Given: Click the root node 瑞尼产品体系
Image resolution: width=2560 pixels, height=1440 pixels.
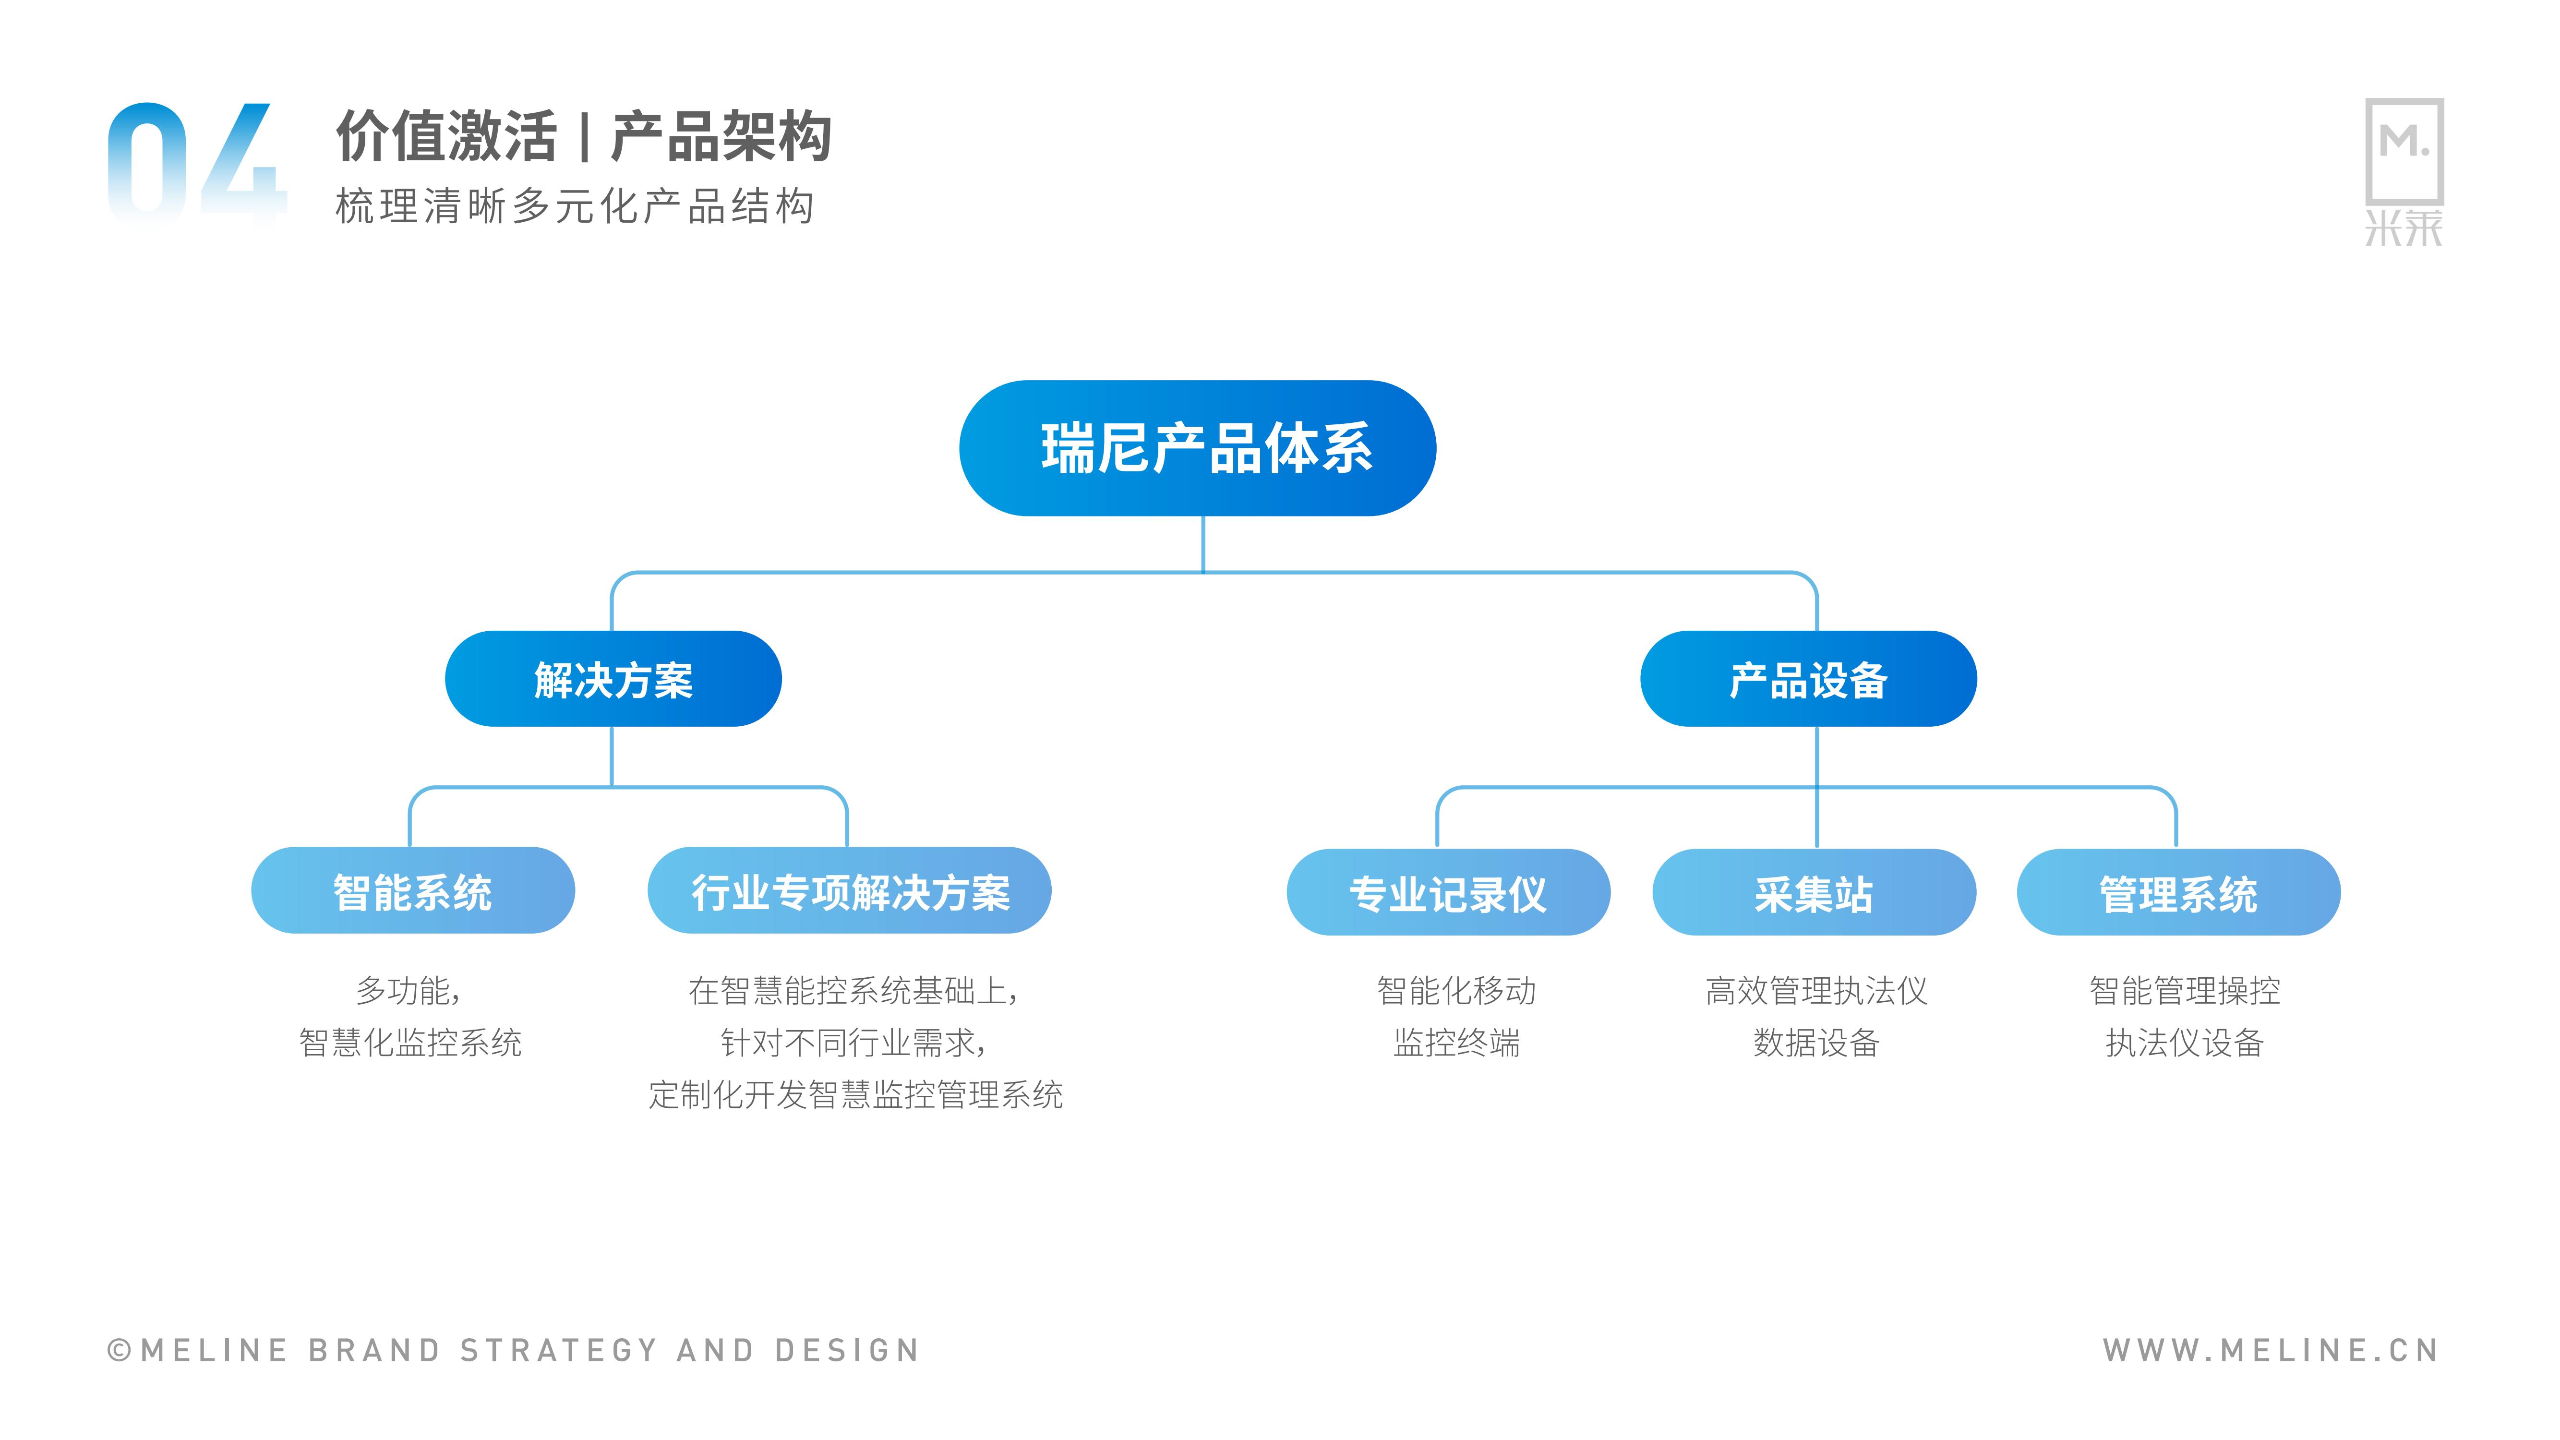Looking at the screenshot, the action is click(1198, 448).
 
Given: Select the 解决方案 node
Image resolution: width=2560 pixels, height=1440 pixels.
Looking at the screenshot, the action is click(613, 679).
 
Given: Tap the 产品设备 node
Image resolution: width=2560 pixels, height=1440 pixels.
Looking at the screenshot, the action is click(1809, 679).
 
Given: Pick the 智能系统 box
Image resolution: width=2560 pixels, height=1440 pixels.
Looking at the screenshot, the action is click(412, 890).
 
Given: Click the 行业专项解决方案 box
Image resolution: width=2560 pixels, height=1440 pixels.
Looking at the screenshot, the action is click(850, 890).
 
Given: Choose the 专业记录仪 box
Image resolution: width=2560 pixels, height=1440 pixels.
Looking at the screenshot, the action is click(1448, 892).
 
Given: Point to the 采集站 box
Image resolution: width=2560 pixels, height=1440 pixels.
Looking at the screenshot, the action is click(1814, 892).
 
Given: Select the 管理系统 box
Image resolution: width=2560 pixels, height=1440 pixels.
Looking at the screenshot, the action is click(2178, 892).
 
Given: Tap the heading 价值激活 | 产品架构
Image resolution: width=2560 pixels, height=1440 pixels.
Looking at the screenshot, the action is click(583, 136).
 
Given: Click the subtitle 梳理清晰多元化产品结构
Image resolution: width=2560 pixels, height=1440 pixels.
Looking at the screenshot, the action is click(576, 207).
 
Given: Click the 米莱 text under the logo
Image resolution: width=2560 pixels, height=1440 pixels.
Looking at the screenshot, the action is click(2404, 228).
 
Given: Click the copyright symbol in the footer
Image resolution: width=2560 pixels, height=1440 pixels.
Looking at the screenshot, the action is click(119, 1351).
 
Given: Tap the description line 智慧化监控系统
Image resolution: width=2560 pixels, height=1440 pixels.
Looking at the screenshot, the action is click(410, 1043).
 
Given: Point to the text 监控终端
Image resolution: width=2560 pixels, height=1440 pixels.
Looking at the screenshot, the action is click(1457, 1043).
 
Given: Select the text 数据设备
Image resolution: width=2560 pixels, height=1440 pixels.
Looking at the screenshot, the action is click(1816, 1043).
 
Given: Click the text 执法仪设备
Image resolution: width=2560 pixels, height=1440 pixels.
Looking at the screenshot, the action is click(2184, 1043).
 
